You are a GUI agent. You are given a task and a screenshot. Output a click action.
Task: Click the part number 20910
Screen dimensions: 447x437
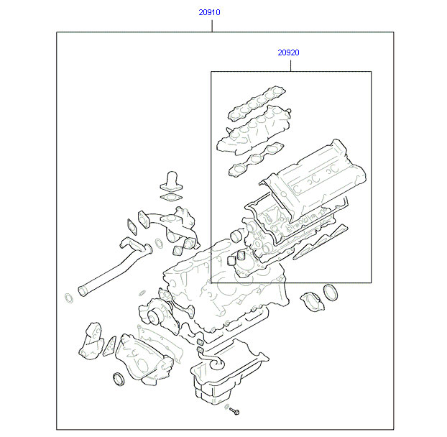coord(209,12)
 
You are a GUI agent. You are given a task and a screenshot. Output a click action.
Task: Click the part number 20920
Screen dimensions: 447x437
coord(288,52)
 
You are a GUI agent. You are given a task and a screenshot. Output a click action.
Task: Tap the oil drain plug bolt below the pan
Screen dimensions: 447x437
coord(234,411)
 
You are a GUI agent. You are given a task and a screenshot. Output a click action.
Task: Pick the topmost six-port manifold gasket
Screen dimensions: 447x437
coord(257,103)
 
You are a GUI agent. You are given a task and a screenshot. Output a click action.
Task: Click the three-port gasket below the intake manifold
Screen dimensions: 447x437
coord(256,160)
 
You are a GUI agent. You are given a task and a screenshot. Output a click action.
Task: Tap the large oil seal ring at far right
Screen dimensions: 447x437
coord(331,292)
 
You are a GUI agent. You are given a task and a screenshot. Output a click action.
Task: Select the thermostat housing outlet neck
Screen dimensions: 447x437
coord(172,180)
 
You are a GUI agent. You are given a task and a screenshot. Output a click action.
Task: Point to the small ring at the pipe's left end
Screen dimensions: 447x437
coord(69,298)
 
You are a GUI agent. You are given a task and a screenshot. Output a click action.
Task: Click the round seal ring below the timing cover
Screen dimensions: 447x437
coord(119,379)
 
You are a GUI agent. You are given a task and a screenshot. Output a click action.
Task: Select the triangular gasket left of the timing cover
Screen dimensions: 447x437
coord(110,346)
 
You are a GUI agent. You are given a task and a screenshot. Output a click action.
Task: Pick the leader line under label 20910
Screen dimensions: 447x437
coord(212,25)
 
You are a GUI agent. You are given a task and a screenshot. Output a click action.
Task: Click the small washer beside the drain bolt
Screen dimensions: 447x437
coord(227,407)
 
